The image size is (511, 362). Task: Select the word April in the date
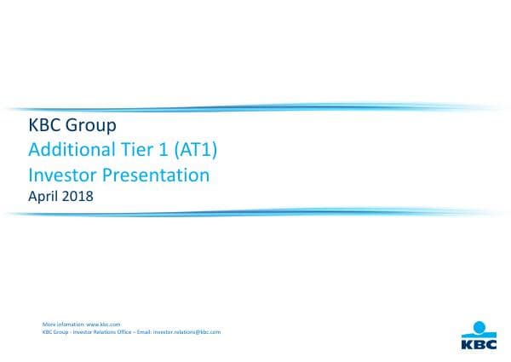point(44,197)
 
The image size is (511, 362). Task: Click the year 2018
point(79,196)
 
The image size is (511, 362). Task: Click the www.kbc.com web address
point(104,325)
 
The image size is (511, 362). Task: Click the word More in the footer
point(48,325)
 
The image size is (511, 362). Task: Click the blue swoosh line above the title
point(255,108)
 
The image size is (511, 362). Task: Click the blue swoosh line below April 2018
point(255,212)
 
